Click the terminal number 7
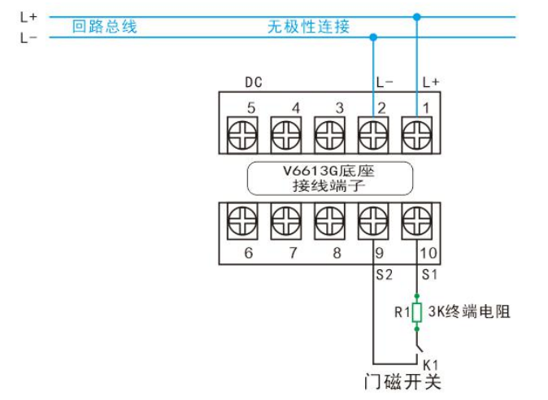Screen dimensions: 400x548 pos(285,253)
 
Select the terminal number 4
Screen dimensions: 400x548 pos(295,107)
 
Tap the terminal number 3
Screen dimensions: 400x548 pos(339,107)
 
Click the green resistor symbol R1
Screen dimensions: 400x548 pos(417,312)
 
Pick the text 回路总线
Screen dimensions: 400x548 pos(104,27)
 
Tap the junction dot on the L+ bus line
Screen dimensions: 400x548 pos(417,16)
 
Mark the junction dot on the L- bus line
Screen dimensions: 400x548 pos(373,37)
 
